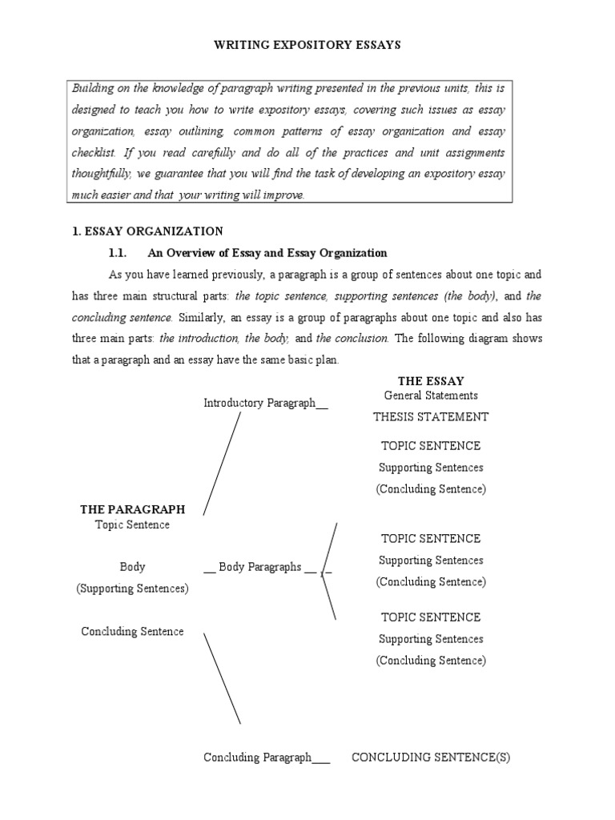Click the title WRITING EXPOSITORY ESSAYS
307,46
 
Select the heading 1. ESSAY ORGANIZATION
147,231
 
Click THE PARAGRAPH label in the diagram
132,509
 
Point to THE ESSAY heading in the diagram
431,381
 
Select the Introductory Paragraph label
265,404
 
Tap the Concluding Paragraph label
265,758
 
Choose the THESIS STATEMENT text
431,416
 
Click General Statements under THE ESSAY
431,396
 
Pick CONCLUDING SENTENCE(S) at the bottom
431,758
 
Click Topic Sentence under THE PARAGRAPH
132,525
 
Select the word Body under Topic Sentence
132,567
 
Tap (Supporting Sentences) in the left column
132,589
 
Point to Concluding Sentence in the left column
132,632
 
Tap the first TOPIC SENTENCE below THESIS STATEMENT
431,446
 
